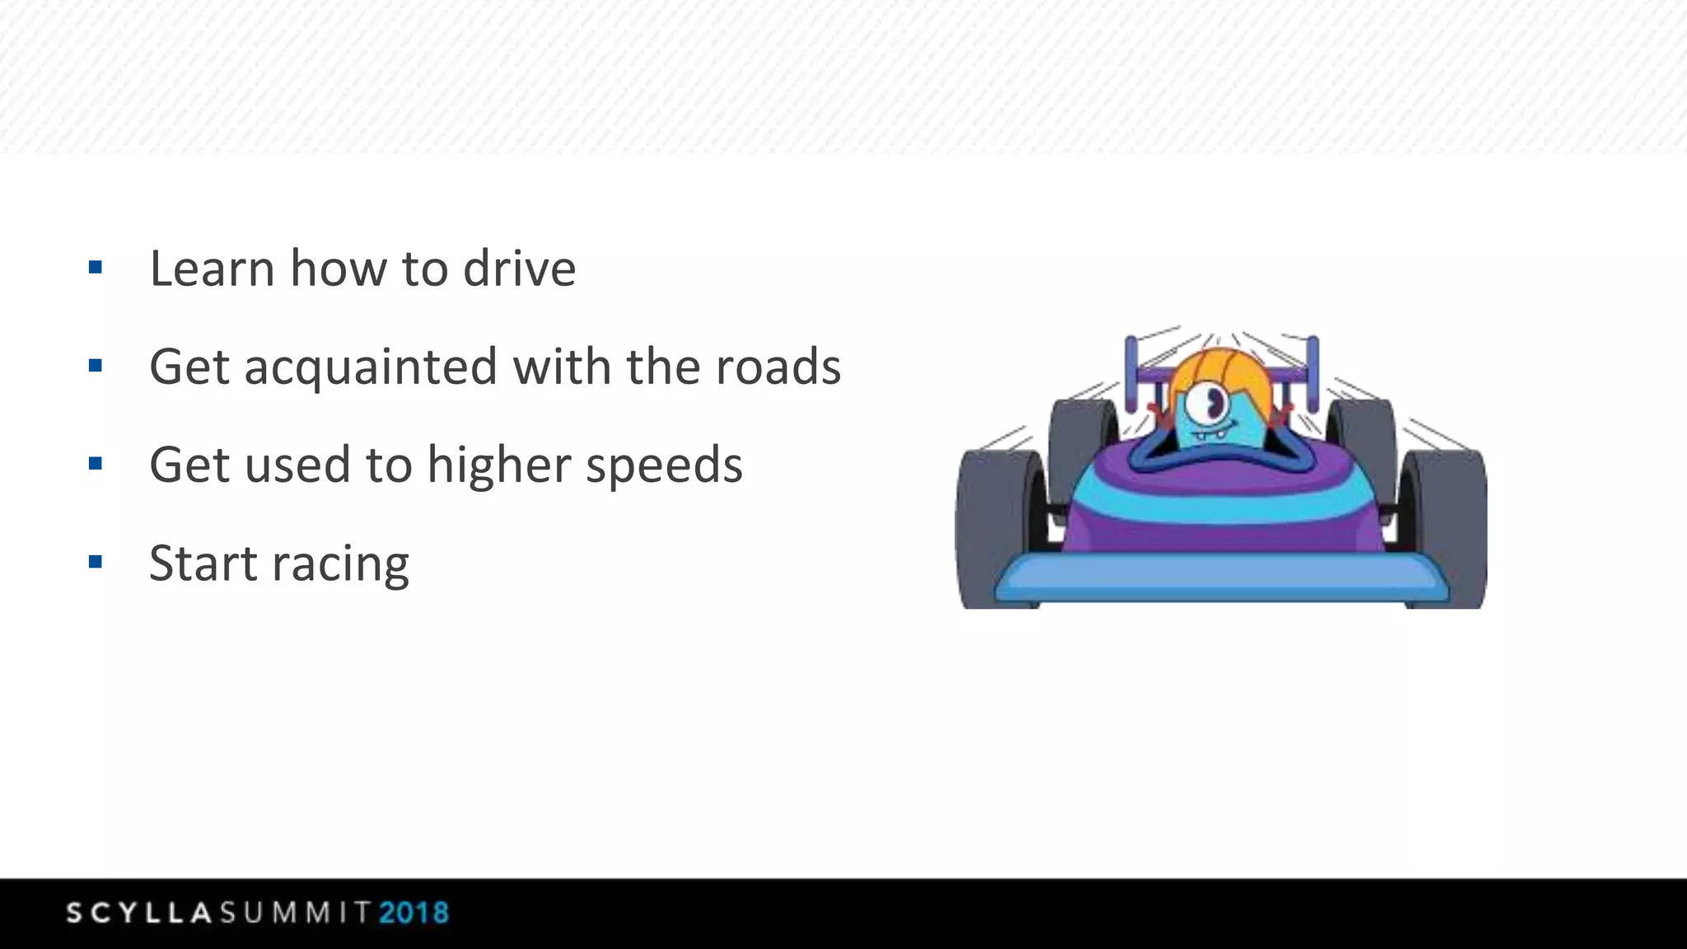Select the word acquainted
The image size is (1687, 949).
click(x=371, y=367)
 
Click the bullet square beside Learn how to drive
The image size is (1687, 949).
click(x=96, y=267)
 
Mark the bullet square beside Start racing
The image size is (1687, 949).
click(x=96, y=563)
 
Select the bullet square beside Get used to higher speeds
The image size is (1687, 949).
click(x=96, y=464)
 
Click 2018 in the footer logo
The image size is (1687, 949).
click(x=414, y=913)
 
